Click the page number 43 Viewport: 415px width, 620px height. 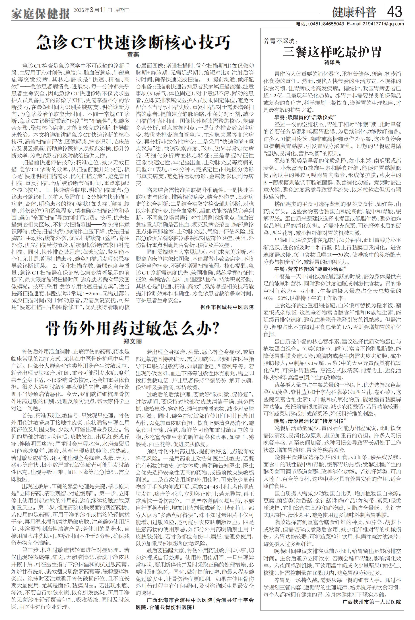pos(395,12)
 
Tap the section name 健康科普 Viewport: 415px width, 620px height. pos(355,12)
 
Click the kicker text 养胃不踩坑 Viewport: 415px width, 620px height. pos(280,41)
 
